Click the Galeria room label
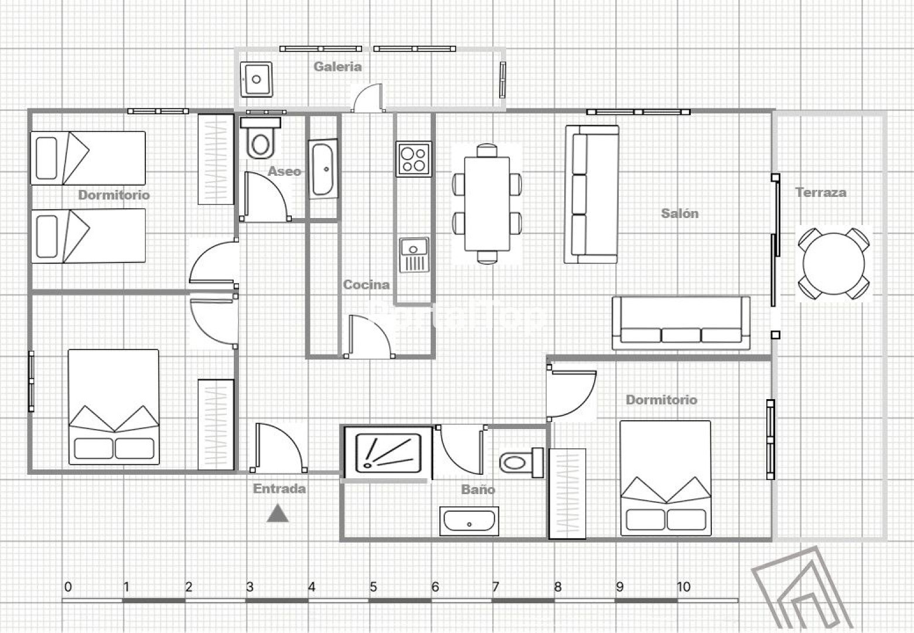tap(337, 66)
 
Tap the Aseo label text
tap(285, 171)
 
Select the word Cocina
tap(366, 285)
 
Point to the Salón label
tap(680, 213)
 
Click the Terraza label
tap(820, 192)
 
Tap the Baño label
tap(478, 489)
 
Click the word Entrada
tap(279, 488)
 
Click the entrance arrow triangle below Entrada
tap(278, 514)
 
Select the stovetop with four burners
tap(414, 158)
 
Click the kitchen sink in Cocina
tap(414, 255)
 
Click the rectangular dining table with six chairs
tap(487, 203)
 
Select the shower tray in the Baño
tap(388, 452)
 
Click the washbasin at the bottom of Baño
tap(469, 521)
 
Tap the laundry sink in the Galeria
tap(256, 79)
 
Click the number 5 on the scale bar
tap(373, 587)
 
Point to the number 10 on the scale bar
tap(683, 587)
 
